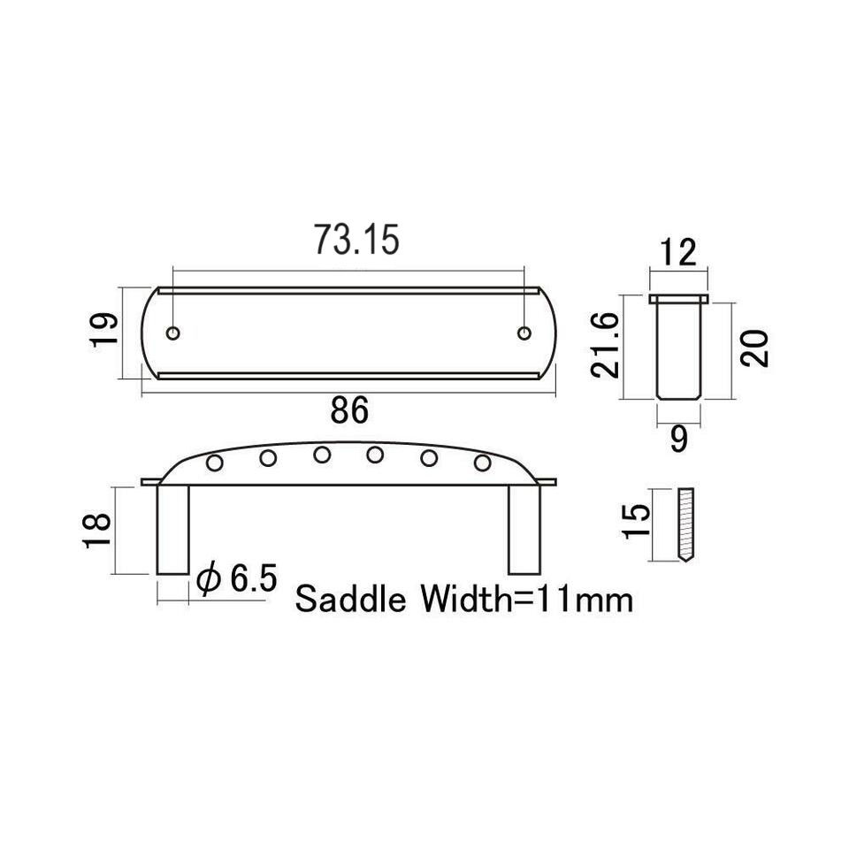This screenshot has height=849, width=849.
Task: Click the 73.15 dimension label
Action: [x=357, y=240]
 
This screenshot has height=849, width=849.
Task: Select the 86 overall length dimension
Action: [x=349, y=411]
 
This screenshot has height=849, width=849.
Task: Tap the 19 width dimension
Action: [x=103, y=332]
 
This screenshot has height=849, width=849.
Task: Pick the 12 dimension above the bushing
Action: [x=678, y=253]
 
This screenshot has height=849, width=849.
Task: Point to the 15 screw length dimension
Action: [x=636, y=524]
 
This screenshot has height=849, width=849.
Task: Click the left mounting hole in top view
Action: [x=174, y=333]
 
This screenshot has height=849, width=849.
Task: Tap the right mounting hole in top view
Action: [x=524, y=333]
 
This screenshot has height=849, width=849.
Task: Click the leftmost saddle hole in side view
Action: [x=213, y=463]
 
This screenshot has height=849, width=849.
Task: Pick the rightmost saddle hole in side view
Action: [x=483, y=463]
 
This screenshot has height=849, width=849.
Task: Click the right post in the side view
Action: [x=524, y=529]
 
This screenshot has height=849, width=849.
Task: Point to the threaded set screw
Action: [x=687, y=524]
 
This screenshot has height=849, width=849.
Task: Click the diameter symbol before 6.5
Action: [x=209, y=580]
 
